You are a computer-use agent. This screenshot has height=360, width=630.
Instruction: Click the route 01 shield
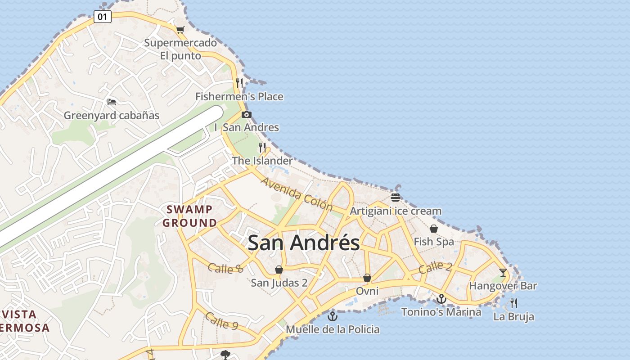[103, 17]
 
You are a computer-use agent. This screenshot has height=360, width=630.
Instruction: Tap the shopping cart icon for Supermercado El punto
[180, 30]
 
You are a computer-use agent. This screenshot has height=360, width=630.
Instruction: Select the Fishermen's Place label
[239, 96]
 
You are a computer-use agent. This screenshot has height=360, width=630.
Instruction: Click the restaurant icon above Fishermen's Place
[239, 83]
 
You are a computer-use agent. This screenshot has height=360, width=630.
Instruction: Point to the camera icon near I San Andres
[246, 114]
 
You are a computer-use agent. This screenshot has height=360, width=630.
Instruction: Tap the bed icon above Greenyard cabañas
[112, 102]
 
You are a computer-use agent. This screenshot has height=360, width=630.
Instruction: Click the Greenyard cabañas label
[112, 115]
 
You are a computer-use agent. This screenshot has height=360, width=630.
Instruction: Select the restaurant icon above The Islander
[262, 147]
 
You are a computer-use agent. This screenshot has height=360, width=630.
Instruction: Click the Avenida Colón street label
[297, 194]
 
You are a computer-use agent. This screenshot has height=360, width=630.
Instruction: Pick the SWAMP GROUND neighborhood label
[189, 216]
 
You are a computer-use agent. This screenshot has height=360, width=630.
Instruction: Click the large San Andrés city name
[304, 243]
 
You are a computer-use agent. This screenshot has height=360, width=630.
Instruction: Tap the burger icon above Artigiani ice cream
[396, 197]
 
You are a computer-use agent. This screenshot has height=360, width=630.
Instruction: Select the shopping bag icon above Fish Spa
[434, 229]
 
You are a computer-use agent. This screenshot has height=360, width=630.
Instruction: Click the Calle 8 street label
[225, 268]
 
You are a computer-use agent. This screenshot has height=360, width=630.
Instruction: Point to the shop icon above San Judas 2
[279, 270]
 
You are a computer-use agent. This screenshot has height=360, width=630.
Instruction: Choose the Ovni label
[367, 291]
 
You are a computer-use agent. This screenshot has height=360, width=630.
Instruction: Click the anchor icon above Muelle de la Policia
[333, 316]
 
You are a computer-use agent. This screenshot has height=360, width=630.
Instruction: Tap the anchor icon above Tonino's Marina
[441, 299]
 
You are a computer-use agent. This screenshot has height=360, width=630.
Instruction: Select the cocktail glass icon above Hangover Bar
[503, 273]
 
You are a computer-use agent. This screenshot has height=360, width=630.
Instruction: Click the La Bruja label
[513, 316]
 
